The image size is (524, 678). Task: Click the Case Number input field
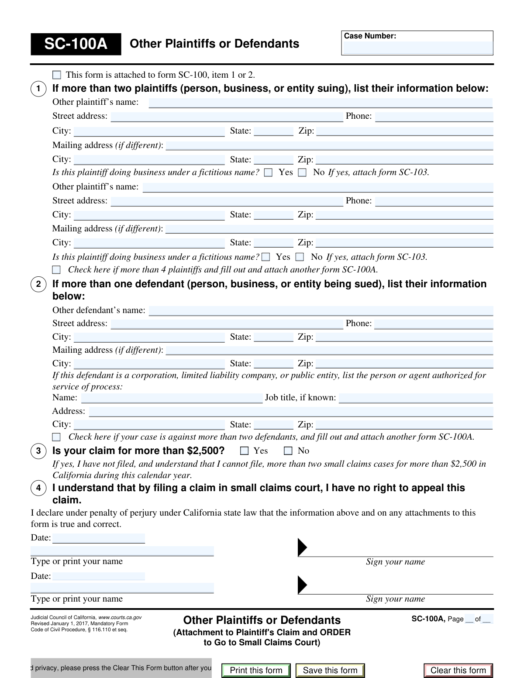[417, 48]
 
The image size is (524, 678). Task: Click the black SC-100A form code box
[76, 44]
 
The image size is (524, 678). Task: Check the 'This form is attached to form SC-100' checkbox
[57, 75]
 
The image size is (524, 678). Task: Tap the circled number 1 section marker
[38, 89]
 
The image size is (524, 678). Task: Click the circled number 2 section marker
[38, 285]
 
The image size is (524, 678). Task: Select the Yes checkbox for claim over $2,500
[245, 451]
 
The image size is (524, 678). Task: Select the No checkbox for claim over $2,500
[288, 451]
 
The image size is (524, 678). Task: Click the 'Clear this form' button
[458, 671]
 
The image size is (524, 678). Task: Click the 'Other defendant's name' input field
[321, 311]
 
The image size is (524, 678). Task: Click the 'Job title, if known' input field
[416, 398]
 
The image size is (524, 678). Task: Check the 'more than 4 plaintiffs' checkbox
[57, 270]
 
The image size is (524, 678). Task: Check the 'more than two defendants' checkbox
[57, 437]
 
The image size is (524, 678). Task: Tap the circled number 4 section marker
[38, 488]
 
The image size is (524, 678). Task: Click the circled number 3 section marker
[38, 451]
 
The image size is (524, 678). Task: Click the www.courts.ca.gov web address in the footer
[120, 617]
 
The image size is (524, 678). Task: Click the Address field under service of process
[291, 412]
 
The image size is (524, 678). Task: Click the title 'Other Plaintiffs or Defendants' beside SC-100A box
[214, 44]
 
